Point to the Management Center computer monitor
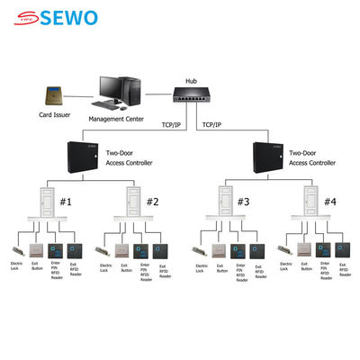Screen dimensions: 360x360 pos(113,88)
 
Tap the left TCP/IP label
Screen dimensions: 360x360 pos(174,125)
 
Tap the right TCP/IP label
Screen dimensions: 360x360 pos(212,125)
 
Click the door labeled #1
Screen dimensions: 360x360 pos(43,202)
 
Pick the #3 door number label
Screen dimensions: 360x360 pos(243,202)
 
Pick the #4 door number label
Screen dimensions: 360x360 pos(331,202)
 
